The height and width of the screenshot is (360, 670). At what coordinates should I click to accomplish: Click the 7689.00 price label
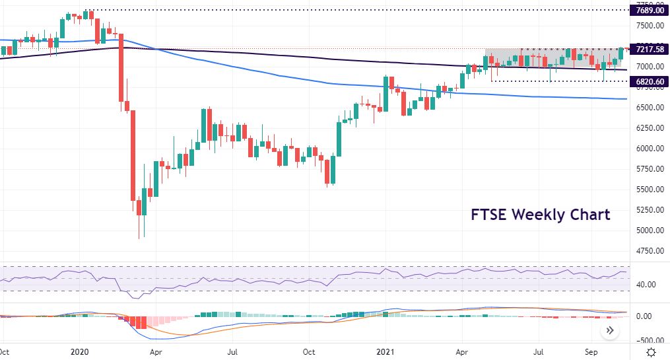(x=647, y=10)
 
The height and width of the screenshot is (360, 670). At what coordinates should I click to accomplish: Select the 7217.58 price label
(x=647, y=50)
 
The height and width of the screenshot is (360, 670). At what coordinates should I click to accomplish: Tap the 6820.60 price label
(x=647, y=81)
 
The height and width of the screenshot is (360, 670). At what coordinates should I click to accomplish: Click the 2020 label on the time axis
(x=79, y=352)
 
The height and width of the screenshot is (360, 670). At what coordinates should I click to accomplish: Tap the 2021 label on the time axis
(x=385, y=352)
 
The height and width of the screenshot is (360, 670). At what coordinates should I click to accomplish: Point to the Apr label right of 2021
(x=461, y=352)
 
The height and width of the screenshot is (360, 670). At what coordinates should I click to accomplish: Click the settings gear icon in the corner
(x=652, y=352)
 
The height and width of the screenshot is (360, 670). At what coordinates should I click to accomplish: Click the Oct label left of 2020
(x=3, y=352)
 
